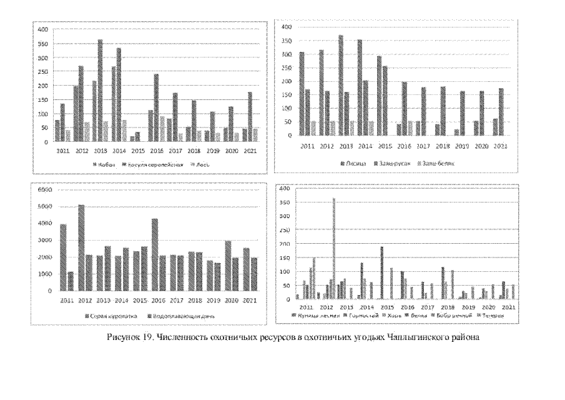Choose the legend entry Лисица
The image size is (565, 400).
click(x=351, y=162)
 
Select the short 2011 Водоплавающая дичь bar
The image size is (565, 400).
click(x=71, y=281)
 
